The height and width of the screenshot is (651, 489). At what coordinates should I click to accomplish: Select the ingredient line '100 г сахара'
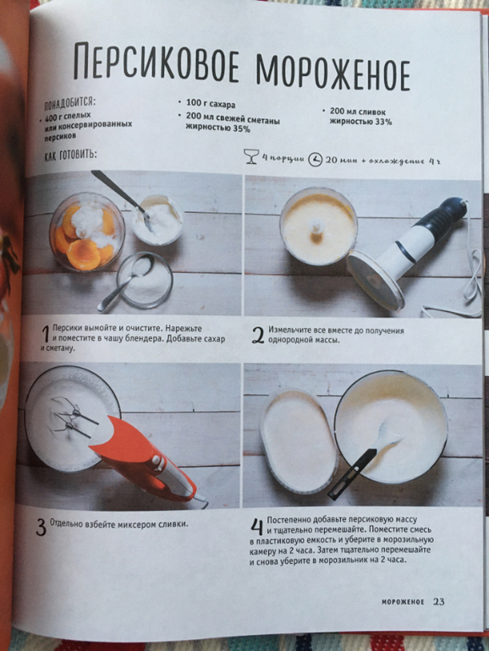(210, 104)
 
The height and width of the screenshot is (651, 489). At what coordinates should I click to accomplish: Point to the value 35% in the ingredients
(241, 129)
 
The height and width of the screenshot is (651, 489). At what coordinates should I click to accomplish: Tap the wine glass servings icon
(251, 156)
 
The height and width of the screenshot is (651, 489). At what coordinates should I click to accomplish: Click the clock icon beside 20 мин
(316, 160)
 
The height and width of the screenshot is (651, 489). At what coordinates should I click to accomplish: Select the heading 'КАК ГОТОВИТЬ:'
(70, 156)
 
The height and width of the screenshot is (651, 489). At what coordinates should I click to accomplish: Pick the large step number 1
(47, 334)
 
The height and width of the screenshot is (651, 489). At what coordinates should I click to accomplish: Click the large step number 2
(257, 336)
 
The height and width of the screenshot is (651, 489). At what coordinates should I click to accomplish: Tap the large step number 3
(41, 528)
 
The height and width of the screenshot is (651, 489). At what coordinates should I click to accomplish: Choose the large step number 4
(256, 527)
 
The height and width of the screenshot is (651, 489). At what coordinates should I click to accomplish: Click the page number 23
(439, 602)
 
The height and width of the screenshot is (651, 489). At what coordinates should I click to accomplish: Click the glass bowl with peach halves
(87, 232)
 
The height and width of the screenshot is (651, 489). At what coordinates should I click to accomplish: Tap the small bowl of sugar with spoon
(144, 280)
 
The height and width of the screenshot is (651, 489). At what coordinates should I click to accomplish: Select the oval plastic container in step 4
(299, 441)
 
